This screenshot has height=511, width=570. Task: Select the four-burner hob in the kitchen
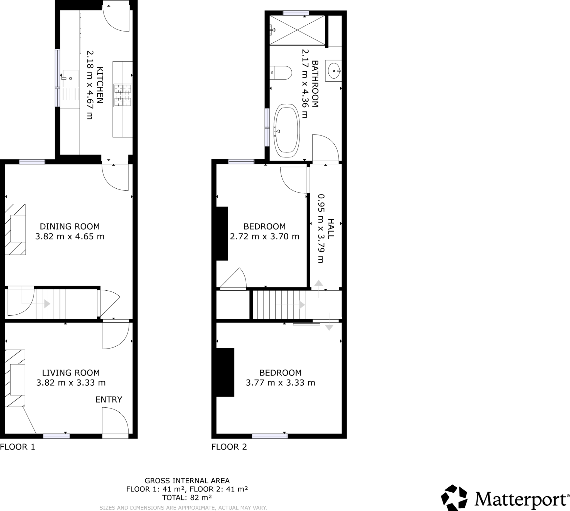pos(123,96)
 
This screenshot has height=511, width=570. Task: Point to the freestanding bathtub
pos(287,131)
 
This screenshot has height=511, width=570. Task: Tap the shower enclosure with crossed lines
pos(297,30)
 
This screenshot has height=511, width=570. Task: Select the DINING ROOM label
pos(70,226)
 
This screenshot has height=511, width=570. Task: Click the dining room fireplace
pos(16,229)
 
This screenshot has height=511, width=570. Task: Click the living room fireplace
pos(15,378)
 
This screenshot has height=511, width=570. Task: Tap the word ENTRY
pos(109,399)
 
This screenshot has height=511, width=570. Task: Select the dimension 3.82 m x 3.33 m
pos(71,383)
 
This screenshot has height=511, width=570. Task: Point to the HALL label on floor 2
pos(331,228)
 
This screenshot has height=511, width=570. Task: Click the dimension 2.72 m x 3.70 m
pos(264,236)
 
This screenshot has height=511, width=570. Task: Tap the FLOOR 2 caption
pos(229,447)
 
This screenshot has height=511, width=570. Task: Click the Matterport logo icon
pos(454,498)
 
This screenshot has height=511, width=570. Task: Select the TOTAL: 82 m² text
pos(187,498)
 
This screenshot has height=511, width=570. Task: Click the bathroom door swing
pos(325,148)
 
